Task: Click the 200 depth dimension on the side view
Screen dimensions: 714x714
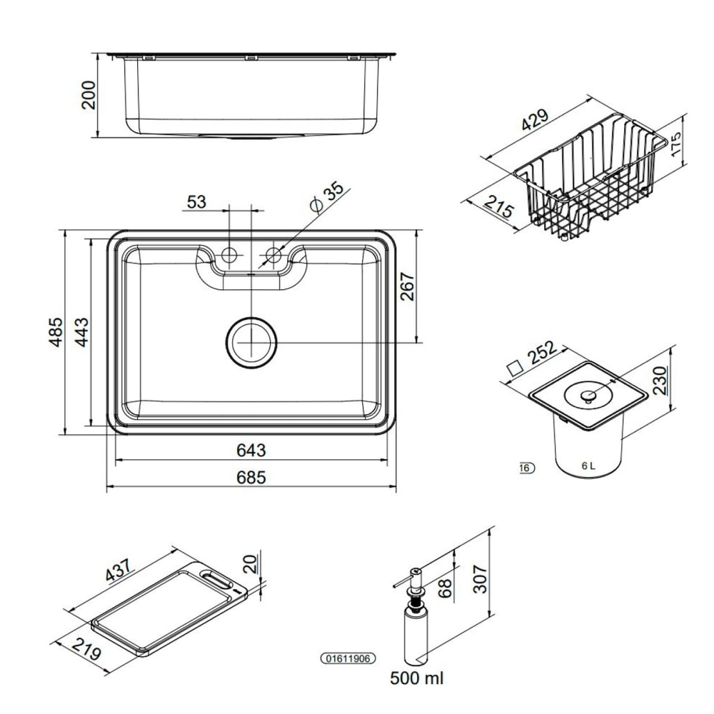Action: coord(88,95)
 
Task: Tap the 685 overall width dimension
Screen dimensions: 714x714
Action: coord(251,477)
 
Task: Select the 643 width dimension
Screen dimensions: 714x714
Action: coord(251,450)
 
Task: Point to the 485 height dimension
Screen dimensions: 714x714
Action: coord(56,332)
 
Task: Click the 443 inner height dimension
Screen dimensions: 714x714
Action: coord(82,332)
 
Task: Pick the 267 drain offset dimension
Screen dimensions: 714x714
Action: coord(408,286)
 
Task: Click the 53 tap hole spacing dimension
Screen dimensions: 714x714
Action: coord(196,202)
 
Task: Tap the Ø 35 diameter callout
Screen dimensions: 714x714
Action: coord(326,196)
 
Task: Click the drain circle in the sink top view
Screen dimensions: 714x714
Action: coord(251,342)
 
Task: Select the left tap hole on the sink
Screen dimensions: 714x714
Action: coord(229,255)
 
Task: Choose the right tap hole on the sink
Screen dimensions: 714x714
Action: coord(273,255)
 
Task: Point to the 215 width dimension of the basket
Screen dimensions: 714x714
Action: coord(498,206)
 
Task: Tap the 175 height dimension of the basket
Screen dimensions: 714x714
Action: coord(677,144)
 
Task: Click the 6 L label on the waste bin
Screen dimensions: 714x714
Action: coord(588,466)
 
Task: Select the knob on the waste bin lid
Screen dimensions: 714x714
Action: coord(588,397)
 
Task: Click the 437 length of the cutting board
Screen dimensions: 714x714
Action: coord(119,570)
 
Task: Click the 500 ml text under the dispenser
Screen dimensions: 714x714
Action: coord(416,678)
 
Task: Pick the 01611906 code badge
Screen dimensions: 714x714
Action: coord(348,658)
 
